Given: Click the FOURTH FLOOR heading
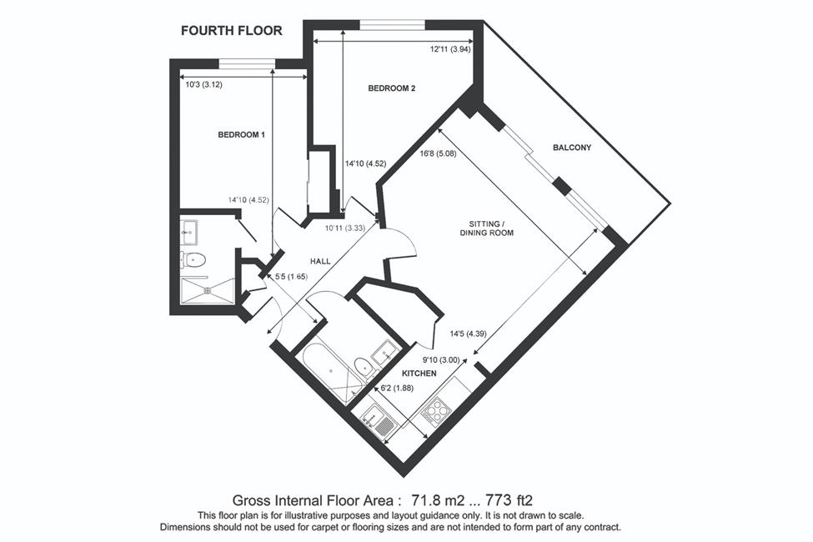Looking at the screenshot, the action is [231, 31].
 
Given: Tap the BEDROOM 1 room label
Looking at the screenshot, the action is [241, 135].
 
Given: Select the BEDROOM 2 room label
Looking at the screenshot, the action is [391, 88].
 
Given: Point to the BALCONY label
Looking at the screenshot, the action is [572, 148].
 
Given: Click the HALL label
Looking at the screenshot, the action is [320, 261].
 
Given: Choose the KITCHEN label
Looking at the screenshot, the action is [419, 373].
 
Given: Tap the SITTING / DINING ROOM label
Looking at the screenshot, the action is [487, 228].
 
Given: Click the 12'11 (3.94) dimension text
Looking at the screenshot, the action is [450, 49].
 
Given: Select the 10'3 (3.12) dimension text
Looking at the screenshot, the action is [203, 84].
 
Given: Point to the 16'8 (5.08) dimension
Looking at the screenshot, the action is [438, 153].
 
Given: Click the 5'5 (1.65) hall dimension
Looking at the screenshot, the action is [291, 277].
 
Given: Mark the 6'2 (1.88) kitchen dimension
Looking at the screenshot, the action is [397, 388].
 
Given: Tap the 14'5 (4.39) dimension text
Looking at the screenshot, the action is [468, 334].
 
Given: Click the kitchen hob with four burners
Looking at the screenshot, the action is [435, 409].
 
